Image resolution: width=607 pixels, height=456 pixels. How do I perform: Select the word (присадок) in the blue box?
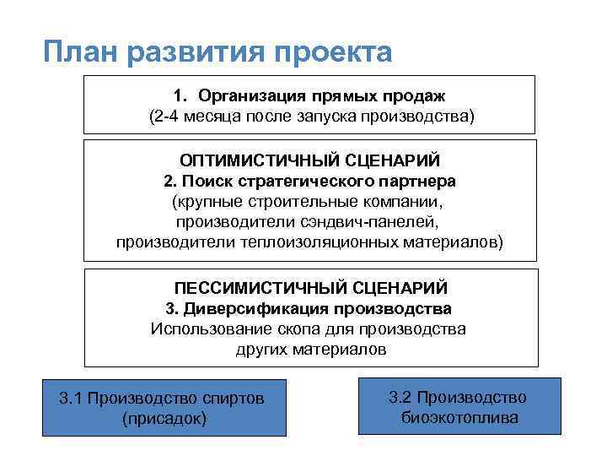(164, 418)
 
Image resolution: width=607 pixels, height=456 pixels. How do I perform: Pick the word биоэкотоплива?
(459, 417)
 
